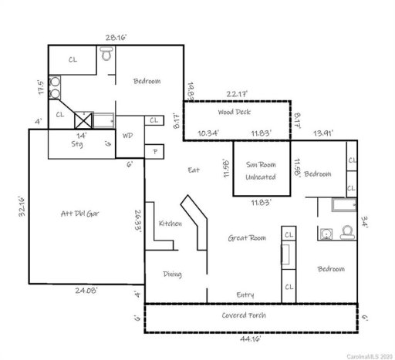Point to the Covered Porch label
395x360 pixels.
click(245, 317)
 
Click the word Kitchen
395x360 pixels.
click(170, 224)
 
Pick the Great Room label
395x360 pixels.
click(247, 238)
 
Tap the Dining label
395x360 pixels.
click(172, 274)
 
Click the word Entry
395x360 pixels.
click(245, 294)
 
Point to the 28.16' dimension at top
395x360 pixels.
click(116, 35)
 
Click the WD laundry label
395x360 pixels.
click(128, 136)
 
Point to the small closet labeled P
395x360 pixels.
click(156, 152)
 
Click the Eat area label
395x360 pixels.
click(194, 170)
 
